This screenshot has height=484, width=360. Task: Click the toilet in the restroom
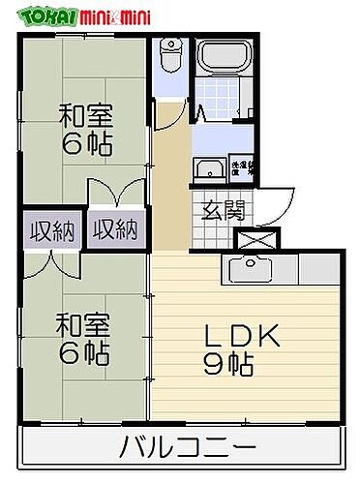pos(172,56)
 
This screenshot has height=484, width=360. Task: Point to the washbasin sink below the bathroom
pos(207,171)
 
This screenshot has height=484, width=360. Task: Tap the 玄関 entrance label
pos(224,209)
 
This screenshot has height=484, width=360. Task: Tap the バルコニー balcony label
pos(188,447)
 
